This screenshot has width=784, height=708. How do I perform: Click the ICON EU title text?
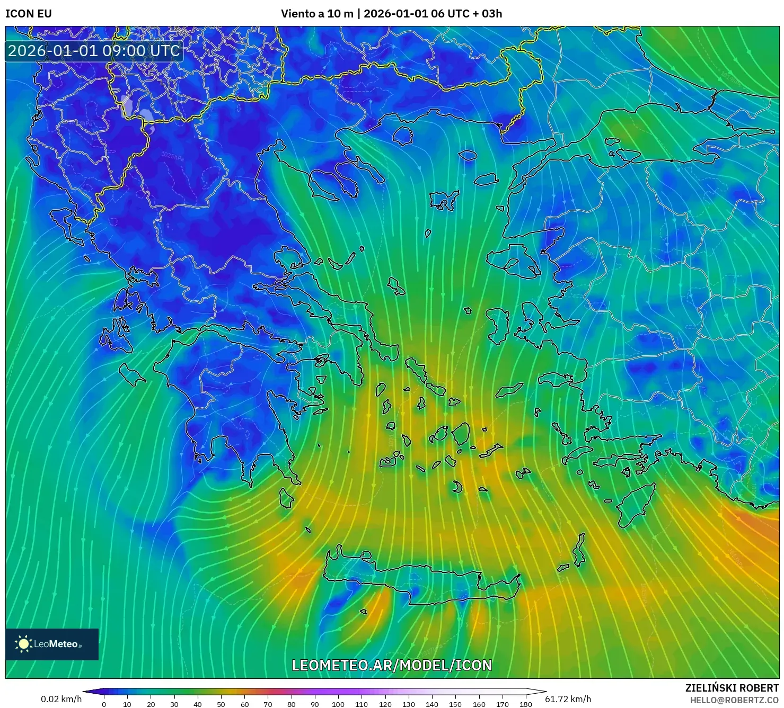pos(29,14)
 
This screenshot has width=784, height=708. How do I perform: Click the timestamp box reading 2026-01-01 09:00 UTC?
pos(94,51)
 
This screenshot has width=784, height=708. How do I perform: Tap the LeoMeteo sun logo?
pos(23,644)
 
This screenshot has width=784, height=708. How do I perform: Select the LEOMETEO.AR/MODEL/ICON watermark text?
pos(392,665)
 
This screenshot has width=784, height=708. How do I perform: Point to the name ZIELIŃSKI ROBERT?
pos(732,688)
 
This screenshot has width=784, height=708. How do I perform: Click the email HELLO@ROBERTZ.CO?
pos(734,700)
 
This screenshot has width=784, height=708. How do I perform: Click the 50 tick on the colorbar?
pos(221,704)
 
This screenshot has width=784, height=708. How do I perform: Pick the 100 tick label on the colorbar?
pos(338,704)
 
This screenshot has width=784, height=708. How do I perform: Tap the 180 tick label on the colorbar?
pos(525,704)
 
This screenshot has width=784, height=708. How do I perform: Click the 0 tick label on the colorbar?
pos(104,704)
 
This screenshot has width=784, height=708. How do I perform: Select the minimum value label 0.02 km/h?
pos(61,699)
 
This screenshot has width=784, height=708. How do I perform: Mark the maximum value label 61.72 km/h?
pos(568,699)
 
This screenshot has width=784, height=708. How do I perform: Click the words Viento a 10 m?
pos(317,14)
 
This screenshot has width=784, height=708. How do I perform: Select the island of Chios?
pos(498,324)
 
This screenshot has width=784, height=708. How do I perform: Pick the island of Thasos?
pos(403,135)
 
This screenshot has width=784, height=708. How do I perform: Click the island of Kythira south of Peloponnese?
pos(287,498)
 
